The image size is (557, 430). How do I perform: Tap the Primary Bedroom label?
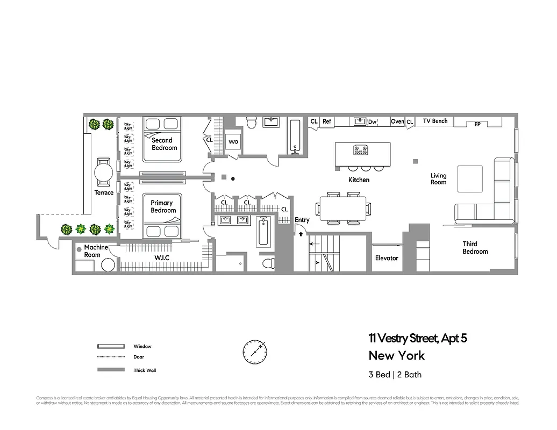(x=163, y=207)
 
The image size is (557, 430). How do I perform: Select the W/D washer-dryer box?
(x=233, y=142)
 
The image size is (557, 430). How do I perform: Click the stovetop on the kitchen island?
(x=359, y=149)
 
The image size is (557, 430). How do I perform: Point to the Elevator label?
(x=387, y=258)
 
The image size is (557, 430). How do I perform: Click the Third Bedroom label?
(x=475, y=248)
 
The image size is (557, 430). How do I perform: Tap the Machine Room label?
(x=96, y=251)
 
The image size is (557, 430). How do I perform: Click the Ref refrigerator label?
(x=326, y=122)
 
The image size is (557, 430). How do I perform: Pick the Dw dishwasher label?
(x=372, y=122)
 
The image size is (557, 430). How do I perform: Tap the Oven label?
(x=397, y=122)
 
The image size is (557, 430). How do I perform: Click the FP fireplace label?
(x=477, y=124)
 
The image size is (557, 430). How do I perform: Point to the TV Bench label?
(x=435, y=121)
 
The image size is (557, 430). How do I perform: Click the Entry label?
(x=302, y=220)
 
